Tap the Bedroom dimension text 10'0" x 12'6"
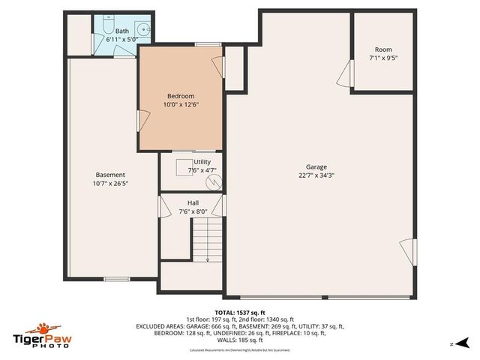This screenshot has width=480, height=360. [x=180, y=105]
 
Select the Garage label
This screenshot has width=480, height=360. [x=316, y=167]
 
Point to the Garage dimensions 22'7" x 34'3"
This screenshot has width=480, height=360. [x=316, y=175]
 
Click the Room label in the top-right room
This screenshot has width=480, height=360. [x=382, y=49]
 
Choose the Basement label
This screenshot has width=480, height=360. [x=110, y=175]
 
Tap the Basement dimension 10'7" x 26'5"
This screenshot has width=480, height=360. [x=110, y=183]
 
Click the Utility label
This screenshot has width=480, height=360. [x=202, y=162]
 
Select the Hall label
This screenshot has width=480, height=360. [x=193, y=203]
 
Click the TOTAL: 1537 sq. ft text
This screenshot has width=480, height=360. [x=239, y=312]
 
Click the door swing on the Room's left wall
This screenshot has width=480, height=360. [x=346, y=74]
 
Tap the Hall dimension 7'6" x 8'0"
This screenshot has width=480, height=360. [x=193, y=211]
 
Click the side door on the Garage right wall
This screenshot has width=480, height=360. [x=407, y=251]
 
